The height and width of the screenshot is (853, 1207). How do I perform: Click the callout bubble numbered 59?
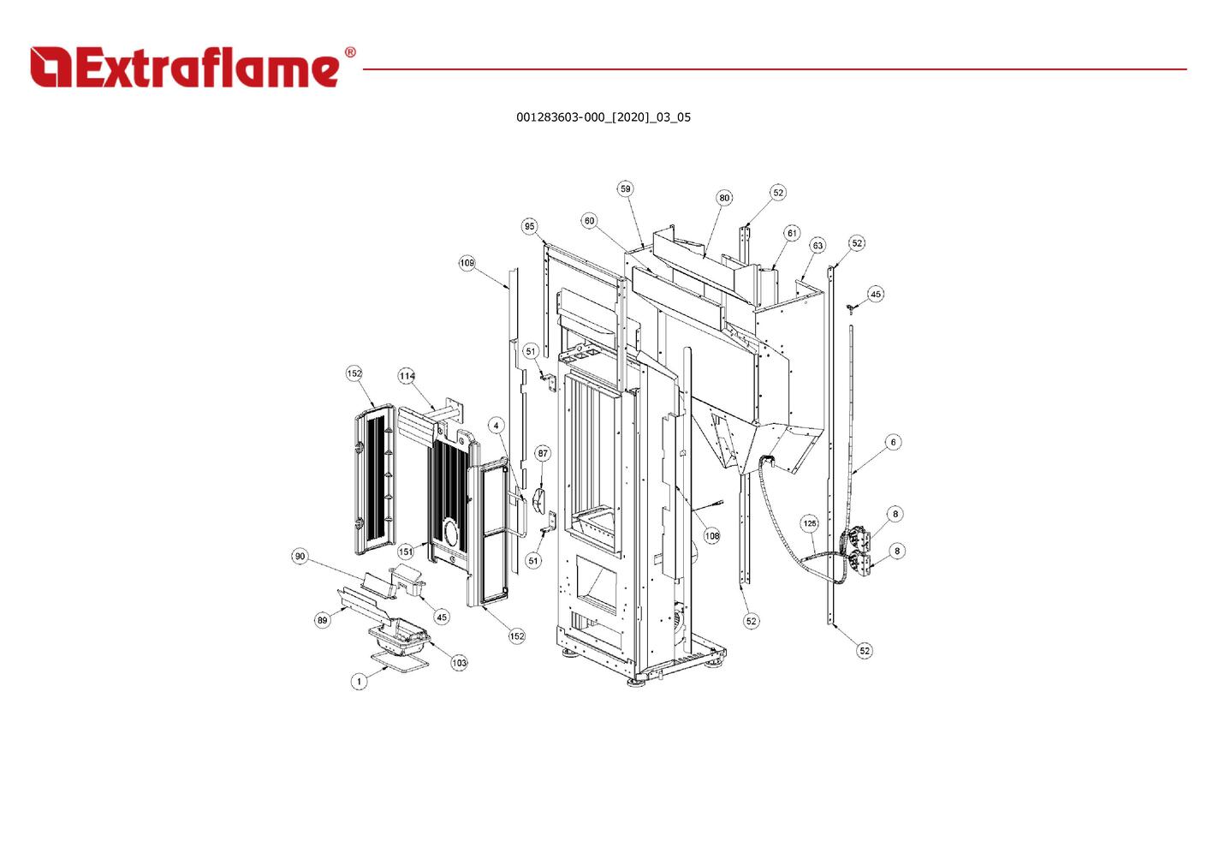pos(625,188)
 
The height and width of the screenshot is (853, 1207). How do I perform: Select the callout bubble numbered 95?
pos(530,226)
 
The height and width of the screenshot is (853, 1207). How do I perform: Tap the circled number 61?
pos(792,234)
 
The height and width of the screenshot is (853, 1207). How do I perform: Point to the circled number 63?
pos(818,246)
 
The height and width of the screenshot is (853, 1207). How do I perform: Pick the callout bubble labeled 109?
pos(467,263)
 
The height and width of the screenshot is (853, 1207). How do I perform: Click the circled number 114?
pos(407,376)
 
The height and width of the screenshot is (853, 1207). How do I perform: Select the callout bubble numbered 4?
pos(496,426)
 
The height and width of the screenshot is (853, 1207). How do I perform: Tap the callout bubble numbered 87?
pos(543,453)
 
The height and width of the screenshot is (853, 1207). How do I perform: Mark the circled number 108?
pos(712,536)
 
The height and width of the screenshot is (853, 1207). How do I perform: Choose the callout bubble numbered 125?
pos(810,523)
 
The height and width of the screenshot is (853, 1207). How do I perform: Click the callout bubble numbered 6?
pos(894,442)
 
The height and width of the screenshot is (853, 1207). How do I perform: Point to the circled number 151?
pos(406,552)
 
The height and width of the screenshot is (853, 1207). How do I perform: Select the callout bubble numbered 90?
pos(300,557)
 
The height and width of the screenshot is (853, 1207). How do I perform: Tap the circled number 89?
pos(322,620)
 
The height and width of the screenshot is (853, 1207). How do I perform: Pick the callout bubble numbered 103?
pos(459,663)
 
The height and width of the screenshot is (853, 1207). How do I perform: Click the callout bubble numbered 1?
pos(359,682)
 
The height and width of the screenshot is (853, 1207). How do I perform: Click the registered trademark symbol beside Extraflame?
pos(350,52)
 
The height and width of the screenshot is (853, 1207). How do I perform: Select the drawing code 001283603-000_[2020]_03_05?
pos(603,117)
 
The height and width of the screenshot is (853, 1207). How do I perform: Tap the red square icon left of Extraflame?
pos(51,68)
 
